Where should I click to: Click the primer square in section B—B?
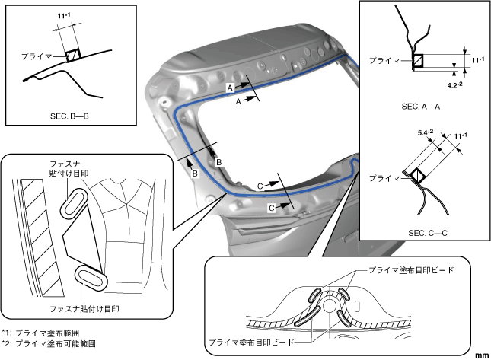(x=73, y=55)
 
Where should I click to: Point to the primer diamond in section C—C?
(x=418, y=176)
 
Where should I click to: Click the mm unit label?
(x=481, y=355)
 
